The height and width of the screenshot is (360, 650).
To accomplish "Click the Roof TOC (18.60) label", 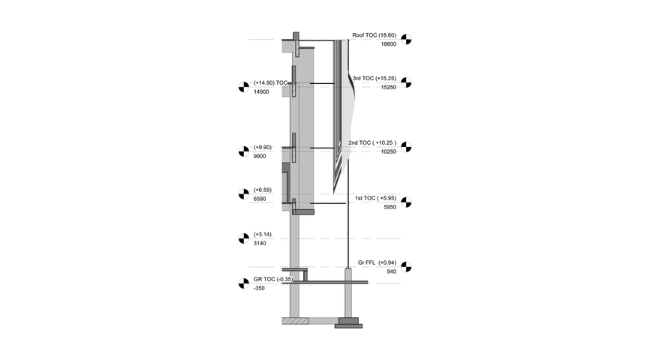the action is [x=374, y=35].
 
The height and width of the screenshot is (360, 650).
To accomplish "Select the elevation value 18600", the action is [x=389, y=44].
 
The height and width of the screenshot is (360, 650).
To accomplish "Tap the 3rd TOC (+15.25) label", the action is [x=375, y=78].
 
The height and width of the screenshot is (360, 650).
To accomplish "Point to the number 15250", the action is [x=389, y=87].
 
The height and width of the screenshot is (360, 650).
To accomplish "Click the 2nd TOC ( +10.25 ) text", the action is [x=372, y=142].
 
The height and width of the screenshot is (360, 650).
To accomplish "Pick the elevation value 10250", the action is [x=389, y=151].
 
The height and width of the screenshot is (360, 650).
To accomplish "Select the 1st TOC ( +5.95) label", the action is [x=375, y=198].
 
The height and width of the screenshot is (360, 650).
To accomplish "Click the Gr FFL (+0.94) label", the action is [x=378, y=262].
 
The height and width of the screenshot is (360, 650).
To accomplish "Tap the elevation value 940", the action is [x=391, y=271].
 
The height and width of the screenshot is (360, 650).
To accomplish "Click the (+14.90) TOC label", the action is [x=271, y=82].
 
